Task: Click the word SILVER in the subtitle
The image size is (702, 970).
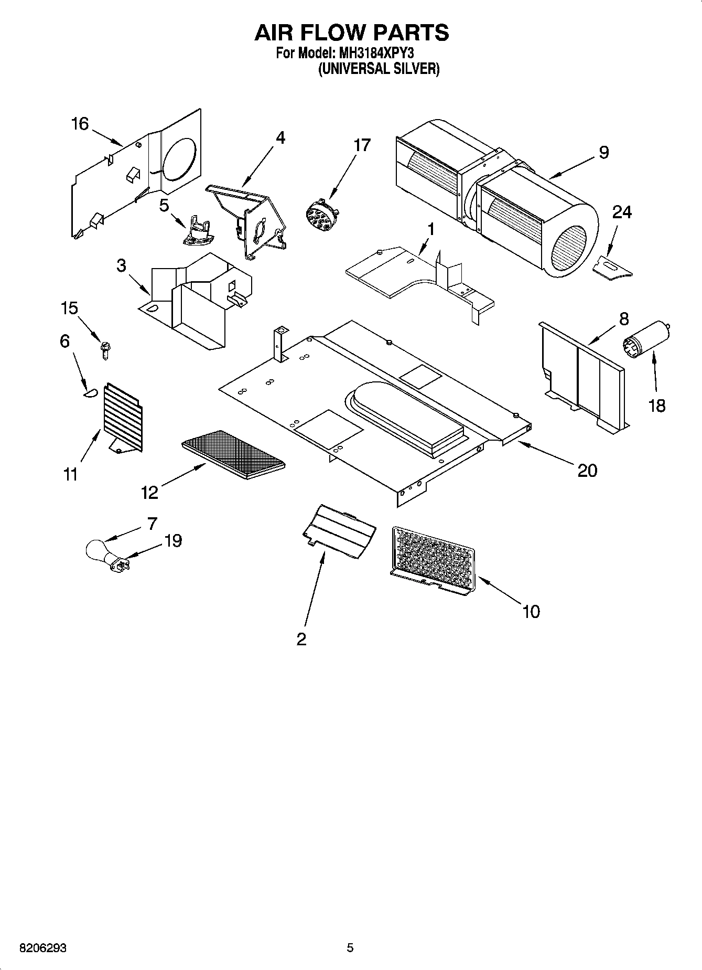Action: pyautogui.click(x=414, y=69)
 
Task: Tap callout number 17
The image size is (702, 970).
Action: pyautogui.click(x=362, y=145)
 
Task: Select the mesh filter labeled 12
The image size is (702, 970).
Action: pyautogui.click(x=233, y=454)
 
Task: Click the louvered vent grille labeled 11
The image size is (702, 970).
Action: pyautogui.click(x=124, y=417)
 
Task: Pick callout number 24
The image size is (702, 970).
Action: pyautogui.click(x=622, y=212)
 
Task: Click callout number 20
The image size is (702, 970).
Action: pyautogui.click(x=587, y=470)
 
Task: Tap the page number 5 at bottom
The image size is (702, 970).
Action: pyautogui.click(x=350, y=947)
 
